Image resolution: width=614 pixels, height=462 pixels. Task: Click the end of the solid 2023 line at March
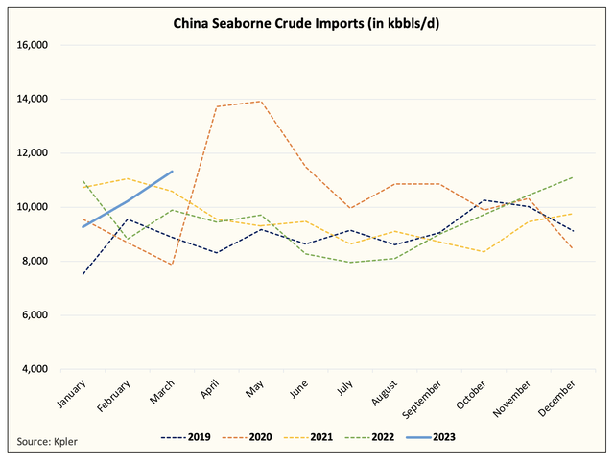click(172, 172)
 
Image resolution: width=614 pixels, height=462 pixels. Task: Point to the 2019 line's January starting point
click(83, 275)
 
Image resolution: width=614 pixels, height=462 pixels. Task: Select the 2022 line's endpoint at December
click(572, 177)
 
